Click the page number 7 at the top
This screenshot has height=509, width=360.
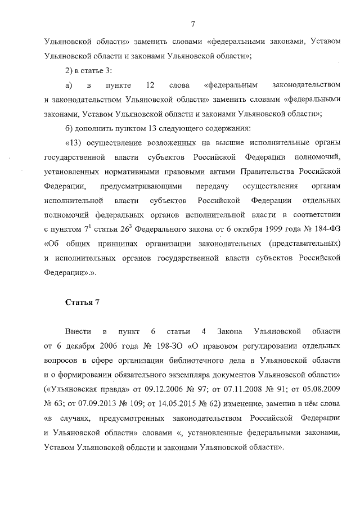pyautogui.click(x=192, y=24)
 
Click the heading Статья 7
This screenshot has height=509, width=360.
pyautogui.click(x=82, y=303)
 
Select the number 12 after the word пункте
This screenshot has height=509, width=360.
pyautogui.click(x=150, y=85)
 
